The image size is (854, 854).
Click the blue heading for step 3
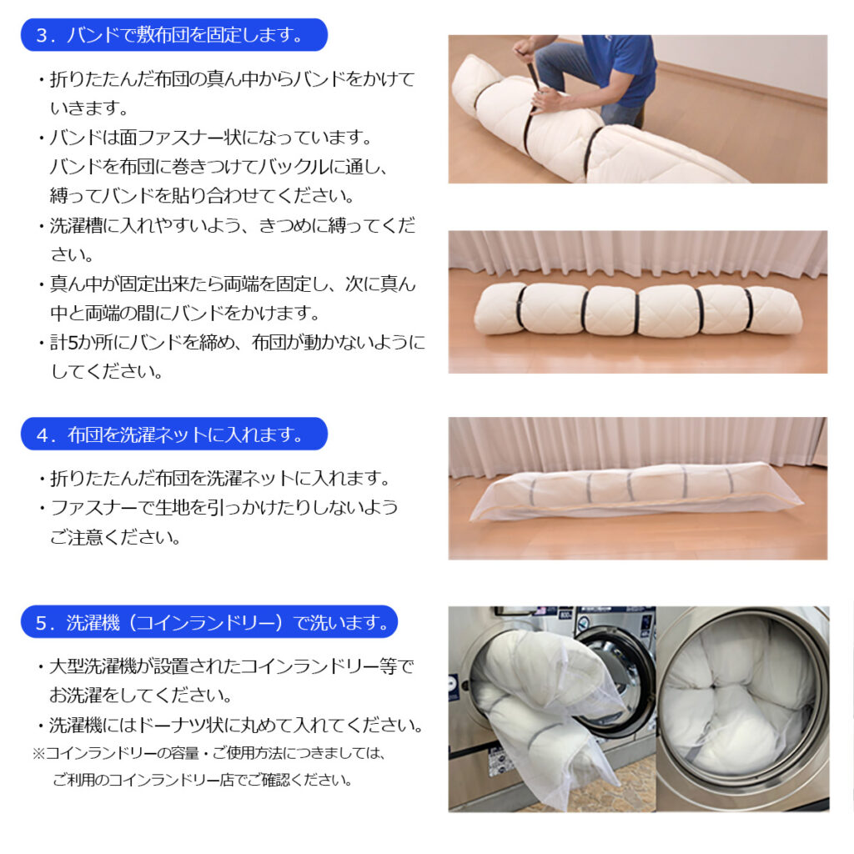173,35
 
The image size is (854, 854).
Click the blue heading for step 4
173,434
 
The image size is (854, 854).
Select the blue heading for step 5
209,621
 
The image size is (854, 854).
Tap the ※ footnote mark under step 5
38,754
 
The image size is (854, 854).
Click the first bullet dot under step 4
42,480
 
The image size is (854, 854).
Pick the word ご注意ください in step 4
115,538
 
